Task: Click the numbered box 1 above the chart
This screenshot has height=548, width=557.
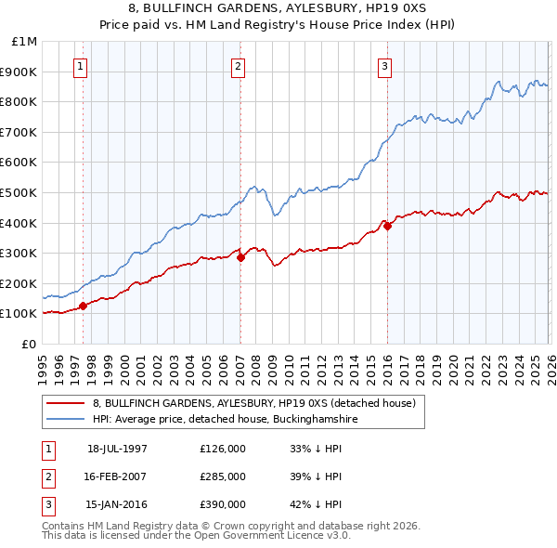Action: tap(82, 66)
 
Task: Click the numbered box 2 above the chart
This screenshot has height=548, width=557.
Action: tap(239, 66)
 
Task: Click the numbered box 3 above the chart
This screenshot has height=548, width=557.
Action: tap(384, 66)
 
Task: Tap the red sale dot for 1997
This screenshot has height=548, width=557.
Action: tap(83, 305)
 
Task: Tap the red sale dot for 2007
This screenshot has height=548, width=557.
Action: tap(240, 257)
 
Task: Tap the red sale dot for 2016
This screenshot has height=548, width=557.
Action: tap(387, 226)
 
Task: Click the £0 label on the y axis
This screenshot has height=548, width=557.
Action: tap(29, 344)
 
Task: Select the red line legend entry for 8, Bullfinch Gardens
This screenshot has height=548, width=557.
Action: tap(259, 403)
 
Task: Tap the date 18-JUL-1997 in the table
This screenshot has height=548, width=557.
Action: tap(117, 449)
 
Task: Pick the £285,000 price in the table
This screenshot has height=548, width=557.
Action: tap(223, 476)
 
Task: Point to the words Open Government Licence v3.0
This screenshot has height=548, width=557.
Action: tap(277, 536)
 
